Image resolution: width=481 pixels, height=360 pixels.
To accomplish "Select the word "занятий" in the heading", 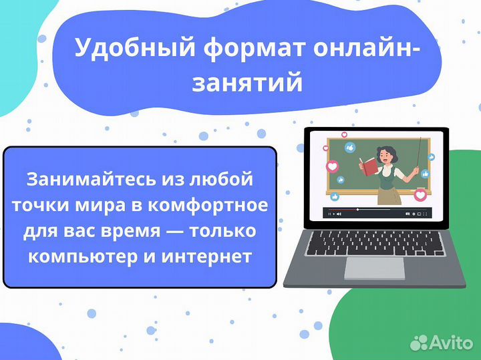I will (x=248, y=83).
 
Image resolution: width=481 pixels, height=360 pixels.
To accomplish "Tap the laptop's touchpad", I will (x=373, y=268).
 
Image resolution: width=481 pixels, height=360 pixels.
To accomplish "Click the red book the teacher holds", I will (x=367, y=164).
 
